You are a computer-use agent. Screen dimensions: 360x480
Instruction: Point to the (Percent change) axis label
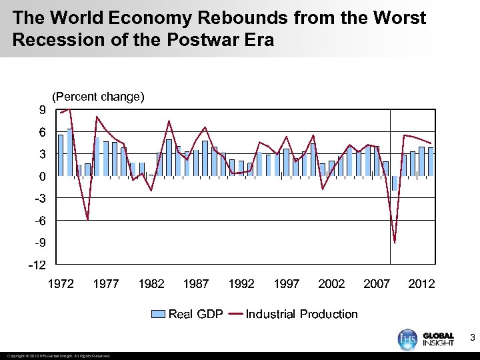click(x=98, y=97)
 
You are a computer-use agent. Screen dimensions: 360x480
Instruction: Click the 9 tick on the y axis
click(x=42, y=111)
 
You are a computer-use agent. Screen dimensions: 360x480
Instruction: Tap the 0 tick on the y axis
click(x=42, y=177)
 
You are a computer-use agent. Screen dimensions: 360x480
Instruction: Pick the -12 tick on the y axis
click(x=38, y=265)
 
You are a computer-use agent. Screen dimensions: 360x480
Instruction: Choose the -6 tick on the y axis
click(x=39, y=221)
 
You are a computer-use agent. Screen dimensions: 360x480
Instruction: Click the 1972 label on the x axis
click(x=61, y=284)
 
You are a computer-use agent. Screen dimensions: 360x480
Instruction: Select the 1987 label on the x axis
click(x=196, y=284)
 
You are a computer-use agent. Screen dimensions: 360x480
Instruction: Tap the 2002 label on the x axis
click(x=331, y=284)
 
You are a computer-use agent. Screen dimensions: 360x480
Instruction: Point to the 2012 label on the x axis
click(x=421, y=284)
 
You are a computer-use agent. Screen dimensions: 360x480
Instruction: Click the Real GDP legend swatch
click(x=159, y=314)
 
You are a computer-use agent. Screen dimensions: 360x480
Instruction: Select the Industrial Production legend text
click(x=301, y=314)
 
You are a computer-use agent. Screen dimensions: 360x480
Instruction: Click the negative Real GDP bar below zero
click(x=395, y=183)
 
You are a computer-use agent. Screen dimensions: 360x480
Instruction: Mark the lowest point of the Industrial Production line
click(x=395, y=243)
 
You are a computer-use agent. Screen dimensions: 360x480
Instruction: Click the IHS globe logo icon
click(x=407, y=339)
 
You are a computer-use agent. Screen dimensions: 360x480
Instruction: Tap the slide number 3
click(x=472, y=339)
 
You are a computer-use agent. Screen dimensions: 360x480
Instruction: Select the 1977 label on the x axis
click(x=106, y=284)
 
